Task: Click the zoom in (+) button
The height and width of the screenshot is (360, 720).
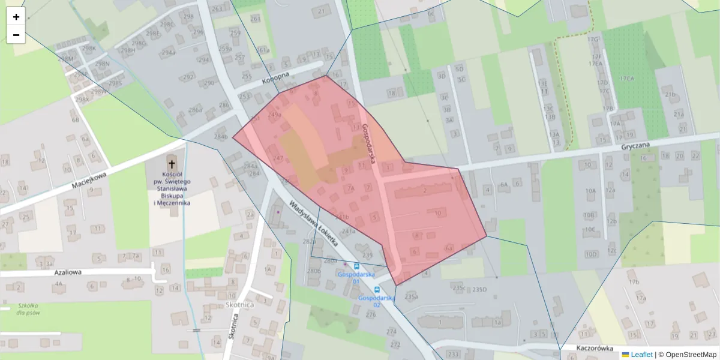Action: (16, 17)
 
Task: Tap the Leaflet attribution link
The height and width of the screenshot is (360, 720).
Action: (641, 355)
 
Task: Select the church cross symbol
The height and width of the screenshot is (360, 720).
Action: (172, 163)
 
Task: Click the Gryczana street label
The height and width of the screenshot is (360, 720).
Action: (636, 145)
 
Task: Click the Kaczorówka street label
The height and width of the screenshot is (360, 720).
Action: (578, 348)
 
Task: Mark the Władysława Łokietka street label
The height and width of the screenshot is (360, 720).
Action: (313, 223)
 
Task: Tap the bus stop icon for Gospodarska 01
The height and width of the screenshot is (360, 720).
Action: (357, 266)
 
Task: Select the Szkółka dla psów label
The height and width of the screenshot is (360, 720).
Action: (29, 308)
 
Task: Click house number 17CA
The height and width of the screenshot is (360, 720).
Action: (628, 79)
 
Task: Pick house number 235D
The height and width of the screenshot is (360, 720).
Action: (479, 289)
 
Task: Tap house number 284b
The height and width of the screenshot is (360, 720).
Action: (221, 137)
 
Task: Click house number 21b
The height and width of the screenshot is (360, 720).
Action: (670, 94)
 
